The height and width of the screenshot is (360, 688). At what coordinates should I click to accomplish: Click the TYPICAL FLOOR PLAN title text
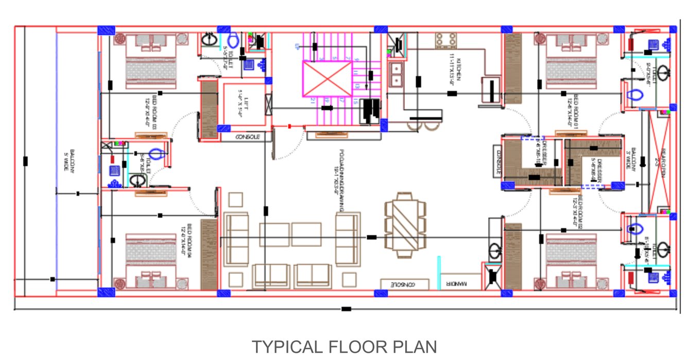(343, 347)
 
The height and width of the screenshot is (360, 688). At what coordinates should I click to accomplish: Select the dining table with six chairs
(405, 225)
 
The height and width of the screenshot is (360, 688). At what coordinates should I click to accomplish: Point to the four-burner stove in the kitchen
(446, 40)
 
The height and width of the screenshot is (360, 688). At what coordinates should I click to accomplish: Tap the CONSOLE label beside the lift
(247, 137)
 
